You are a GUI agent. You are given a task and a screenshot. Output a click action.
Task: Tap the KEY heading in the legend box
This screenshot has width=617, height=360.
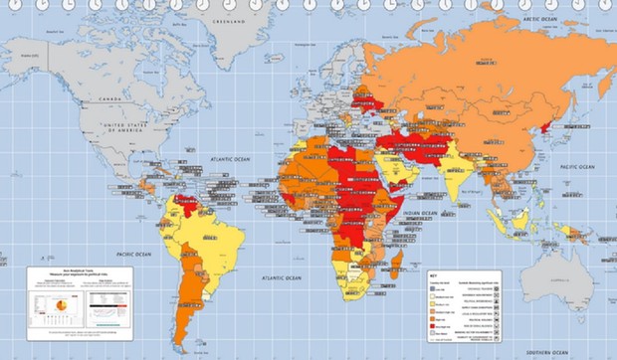click(x=433, y=275)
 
